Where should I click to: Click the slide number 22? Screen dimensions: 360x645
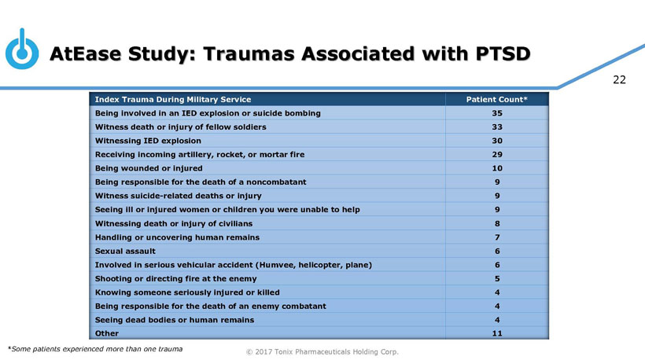point(619,79)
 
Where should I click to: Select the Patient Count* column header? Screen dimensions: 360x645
point(497,99)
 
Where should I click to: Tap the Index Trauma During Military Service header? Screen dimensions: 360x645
point(172,99)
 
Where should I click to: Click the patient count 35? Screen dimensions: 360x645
point(496,113)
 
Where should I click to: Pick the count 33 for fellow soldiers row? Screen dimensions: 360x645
point(496,127)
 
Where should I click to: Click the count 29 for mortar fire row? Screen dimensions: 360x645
point(496,154)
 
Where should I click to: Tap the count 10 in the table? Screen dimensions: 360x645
point(496,168)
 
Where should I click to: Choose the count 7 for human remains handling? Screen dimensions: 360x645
point(496,237)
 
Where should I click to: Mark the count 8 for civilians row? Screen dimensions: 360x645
point(496,223)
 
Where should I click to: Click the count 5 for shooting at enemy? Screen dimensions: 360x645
point(496,278)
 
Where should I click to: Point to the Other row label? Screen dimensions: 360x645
point(107,333)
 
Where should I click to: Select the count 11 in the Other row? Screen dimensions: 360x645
point(496,333)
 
